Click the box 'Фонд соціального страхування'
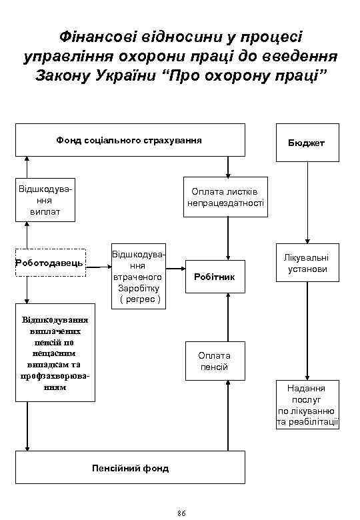130,140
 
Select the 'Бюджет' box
306,143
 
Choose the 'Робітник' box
215,276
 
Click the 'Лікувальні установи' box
307,263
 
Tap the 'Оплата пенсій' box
214,361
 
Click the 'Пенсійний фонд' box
130,468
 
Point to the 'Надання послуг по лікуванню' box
307,405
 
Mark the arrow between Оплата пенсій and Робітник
228,317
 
